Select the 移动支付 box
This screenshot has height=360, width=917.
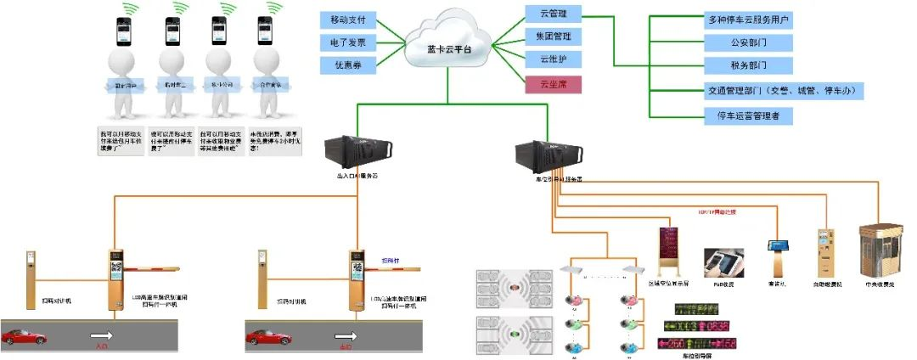tap(348, 18)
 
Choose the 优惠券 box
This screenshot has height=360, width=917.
tap(348, 65)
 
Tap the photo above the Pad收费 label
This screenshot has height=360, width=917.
tap(723, 264)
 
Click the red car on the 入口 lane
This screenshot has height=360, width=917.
tap(24, 337)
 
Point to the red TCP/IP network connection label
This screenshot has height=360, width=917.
tap(715, 212)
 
